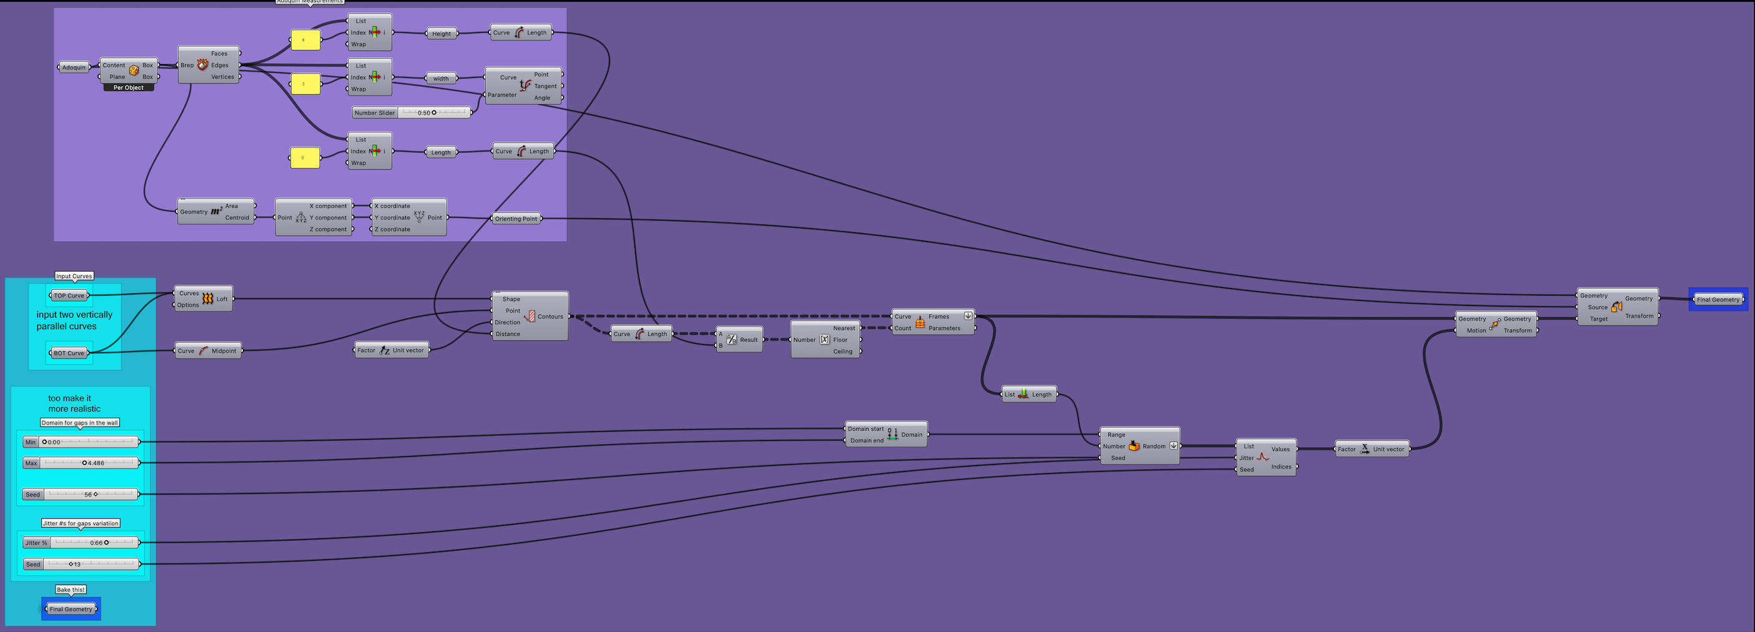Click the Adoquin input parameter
74,67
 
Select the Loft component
204,299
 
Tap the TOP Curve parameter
69,295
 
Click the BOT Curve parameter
69,353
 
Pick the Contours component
530,316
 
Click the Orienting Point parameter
516,219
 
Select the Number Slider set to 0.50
412,113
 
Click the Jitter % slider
81,543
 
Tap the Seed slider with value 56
81,495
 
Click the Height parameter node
442,33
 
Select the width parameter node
441,78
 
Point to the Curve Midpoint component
207,351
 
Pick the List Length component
1029,394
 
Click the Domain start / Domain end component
886,435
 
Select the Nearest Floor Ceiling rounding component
825,340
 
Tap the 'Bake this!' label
71,590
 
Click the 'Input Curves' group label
74,276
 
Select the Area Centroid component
216,212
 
